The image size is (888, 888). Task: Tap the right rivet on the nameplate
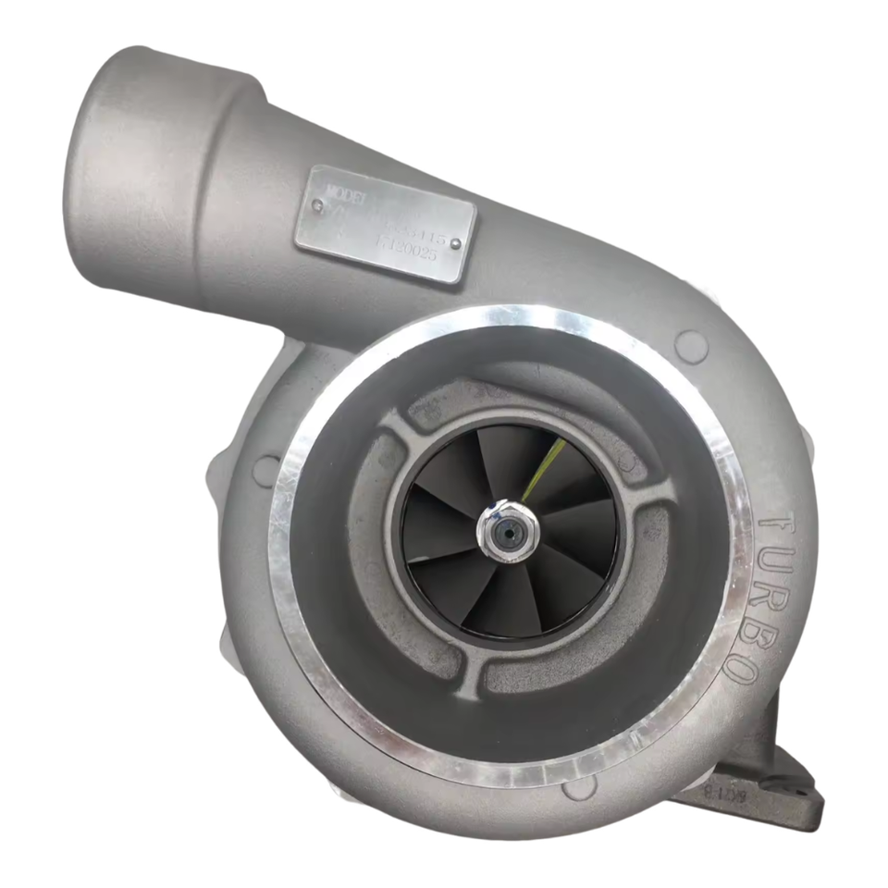455,243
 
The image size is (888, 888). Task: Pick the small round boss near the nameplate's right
691,346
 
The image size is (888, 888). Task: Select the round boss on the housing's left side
265,470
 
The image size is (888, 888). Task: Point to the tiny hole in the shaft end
508,533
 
